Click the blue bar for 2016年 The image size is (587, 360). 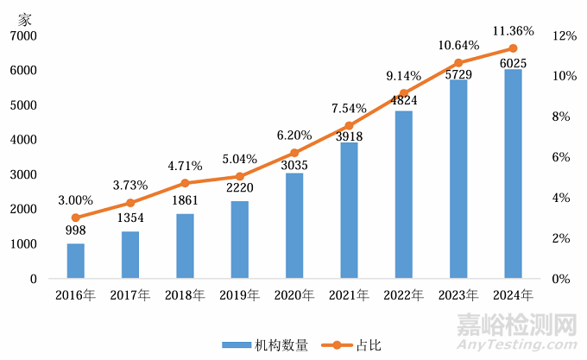click(76, 261)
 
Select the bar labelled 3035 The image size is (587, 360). click(294, 225)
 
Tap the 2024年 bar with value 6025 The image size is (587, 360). click(513, 174)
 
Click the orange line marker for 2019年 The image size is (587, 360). click(239, 176)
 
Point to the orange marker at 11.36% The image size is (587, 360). click(513, 48)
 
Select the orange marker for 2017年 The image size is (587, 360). click(130, 203)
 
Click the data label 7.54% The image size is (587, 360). click(349, 109)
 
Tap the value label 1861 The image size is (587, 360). click(185, 201)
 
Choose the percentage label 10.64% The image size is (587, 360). click(458, 45)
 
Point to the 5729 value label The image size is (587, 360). click(458, 75)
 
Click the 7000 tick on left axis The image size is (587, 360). click(23, 35)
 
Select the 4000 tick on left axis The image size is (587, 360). click(23, 140)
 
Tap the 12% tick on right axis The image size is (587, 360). click(565, 35)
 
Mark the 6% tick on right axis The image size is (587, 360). click(561, 157)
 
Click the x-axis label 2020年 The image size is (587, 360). click(294, 295)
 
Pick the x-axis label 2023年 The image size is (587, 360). click(458, 295)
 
